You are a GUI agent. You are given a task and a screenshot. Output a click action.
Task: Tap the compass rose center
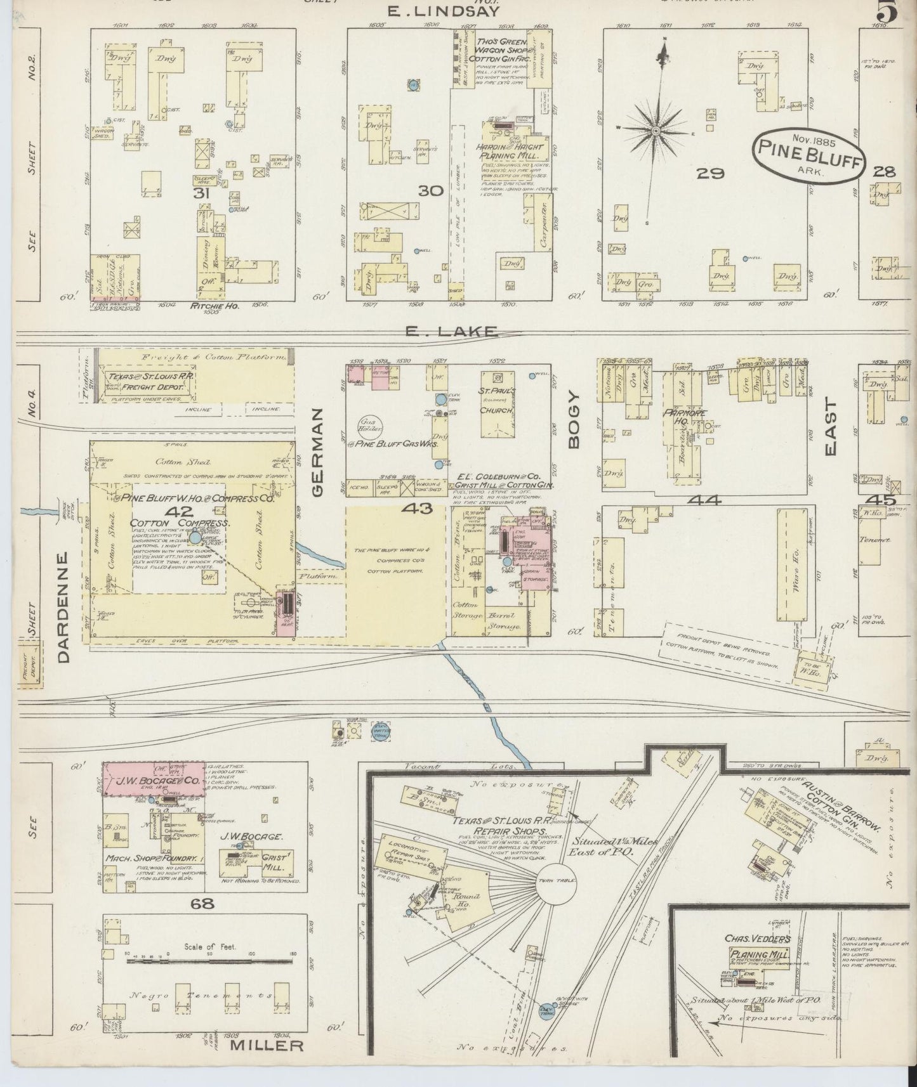[x=654, y=131]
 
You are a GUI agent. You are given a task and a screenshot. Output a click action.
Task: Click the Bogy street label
[x=574, y=420]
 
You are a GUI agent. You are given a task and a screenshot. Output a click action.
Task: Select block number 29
[x=706, y=172]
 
